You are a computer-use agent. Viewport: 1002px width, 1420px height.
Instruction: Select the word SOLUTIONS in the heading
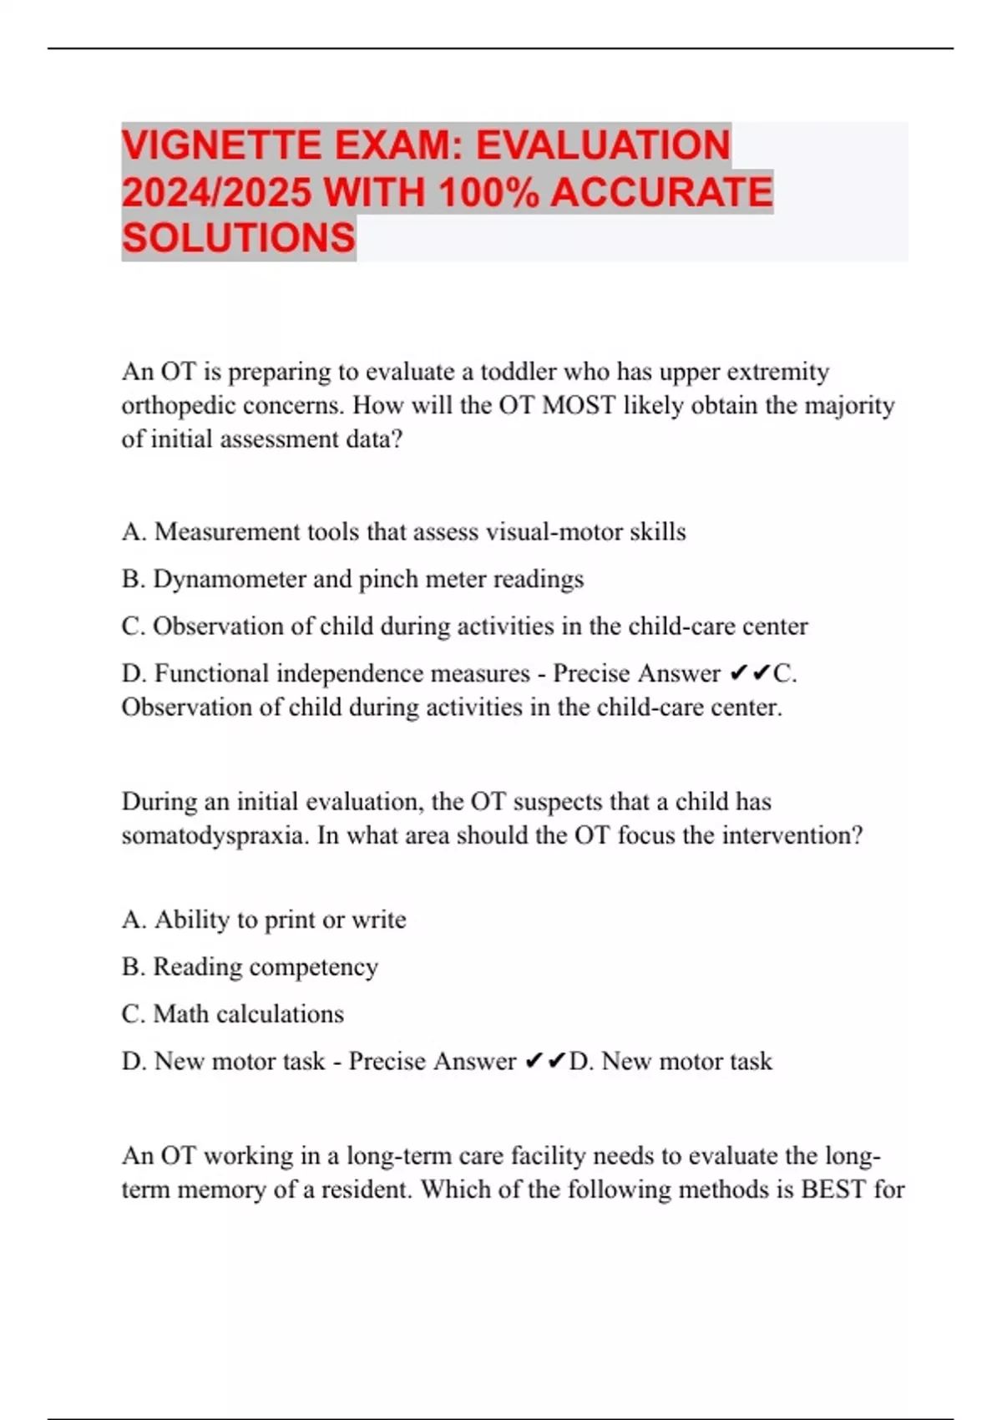(239, 238)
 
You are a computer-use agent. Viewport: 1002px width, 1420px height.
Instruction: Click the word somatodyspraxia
(215, 835)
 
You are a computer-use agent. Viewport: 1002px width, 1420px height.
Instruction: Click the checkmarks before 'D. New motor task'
(545, 1062)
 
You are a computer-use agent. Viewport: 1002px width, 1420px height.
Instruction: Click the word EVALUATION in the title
(603, 145)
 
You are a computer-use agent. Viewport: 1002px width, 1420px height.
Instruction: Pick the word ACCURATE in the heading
(661, 192)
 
